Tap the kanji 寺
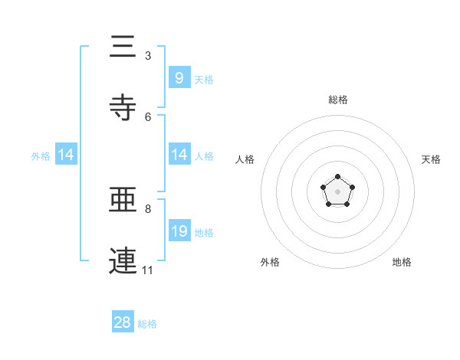pos(123,107)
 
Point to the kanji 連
pos(123,260)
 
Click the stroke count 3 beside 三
pos(148,56)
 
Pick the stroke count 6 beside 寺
pos(148,116)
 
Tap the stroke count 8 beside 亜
pos(148,208)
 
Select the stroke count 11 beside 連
pos(148,270)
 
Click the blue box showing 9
pos(179,77)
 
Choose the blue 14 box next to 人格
pos(179,155)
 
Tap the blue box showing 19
pos(179,231)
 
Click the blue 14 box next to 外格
pos(66,155)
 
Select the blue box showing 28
pos(123,322)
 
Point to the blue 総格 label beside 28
pos(147,324)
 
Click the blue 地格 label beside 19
pos(204,233)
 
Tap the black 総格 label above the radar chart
pos(338,100)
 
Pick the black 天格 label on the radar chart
pos(432,159)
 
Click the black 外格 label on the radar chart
pos(270,262)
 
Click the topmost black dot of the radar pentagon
pos(337,178)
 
